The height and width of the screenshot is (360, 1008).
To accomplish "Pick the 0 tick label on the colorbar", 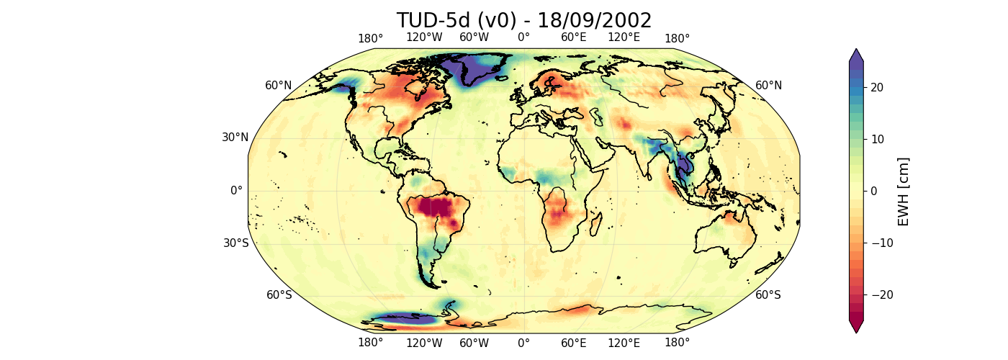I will (873, 191).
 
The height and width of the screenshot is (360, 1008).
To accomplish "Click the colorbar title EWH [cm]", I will (904, 191).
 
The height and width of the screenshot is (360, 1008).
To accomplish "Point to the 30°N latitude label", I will (235, 138).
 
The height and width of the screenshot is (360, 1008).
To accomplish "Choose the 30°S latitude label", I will (235, 243).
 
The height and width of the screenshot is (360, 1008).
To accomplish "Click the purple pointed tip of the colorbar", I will (856, 55).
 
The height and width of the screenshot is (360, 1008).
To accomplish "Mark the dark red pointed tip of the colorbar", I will (856, 327).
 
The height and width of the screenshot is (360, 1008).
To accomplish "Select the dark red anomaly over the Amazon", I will (436, 209).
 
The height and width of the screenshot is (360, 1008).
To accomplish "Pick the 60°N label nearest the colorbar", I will (768, 86).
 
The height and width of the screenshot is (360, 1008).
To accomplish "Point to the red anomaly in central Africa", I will (558, 212).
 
